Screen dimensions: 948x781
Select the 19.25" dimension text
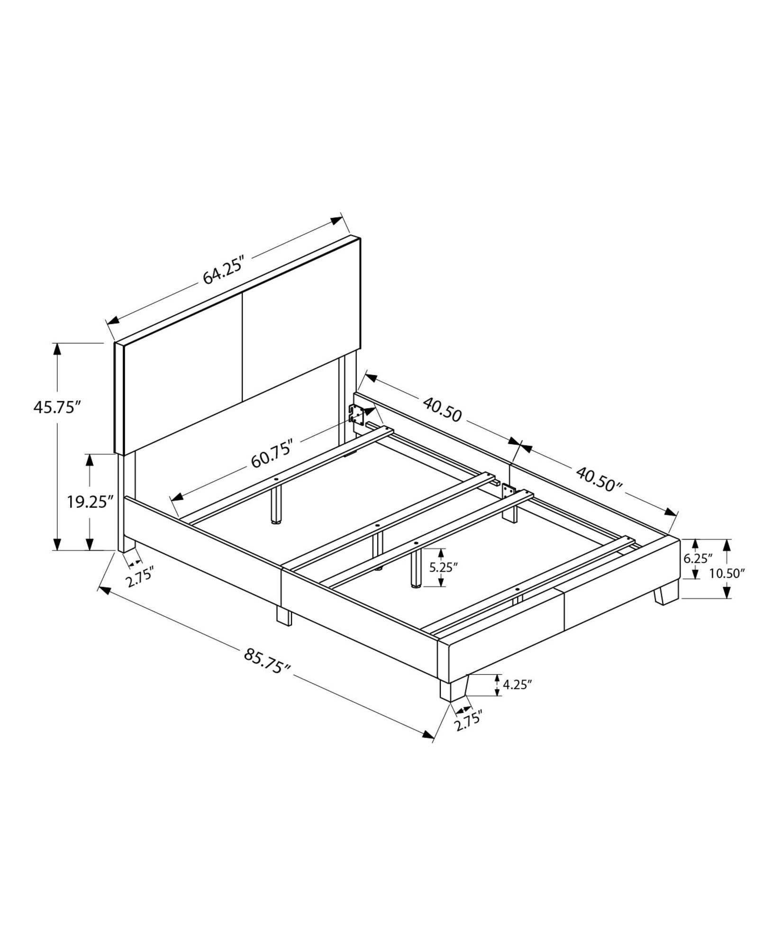90,501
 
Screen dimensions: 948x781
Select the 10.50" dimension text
727,574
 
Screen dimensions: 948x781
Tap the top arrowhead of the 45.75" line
57,349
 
